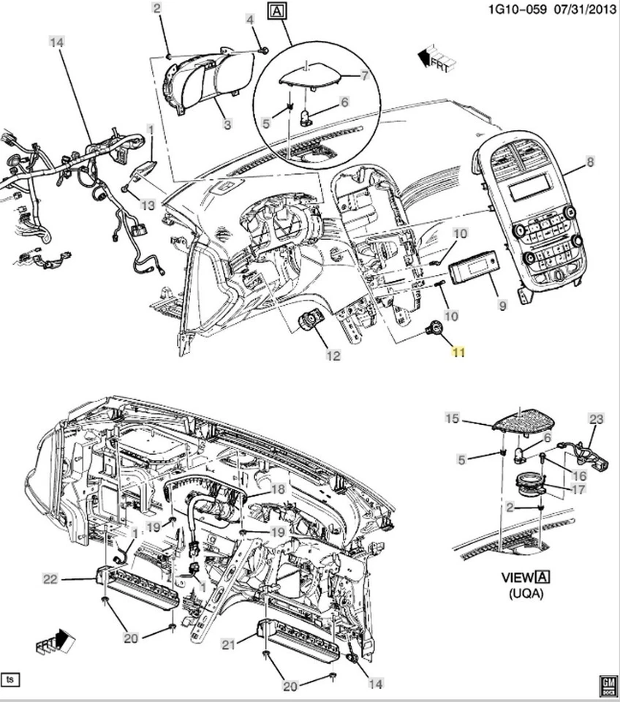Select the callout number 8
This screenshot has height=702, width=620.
590,160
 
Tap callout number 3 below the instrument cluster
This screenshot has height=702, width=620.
227,125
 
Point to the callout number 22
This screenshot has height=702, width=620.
50,579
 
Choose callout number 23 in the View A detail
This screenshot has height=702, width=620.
597,419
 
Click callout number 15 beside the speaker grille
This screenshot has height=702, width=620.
452,418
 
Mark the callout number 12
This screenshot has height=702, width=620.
333,356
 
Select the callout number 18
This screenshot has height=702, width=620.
278,489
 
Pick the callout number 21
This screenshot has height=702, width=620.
228,644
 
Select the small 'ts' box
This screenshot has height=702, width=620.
11,679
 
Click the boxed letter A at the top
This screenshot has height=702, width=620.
276,11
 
